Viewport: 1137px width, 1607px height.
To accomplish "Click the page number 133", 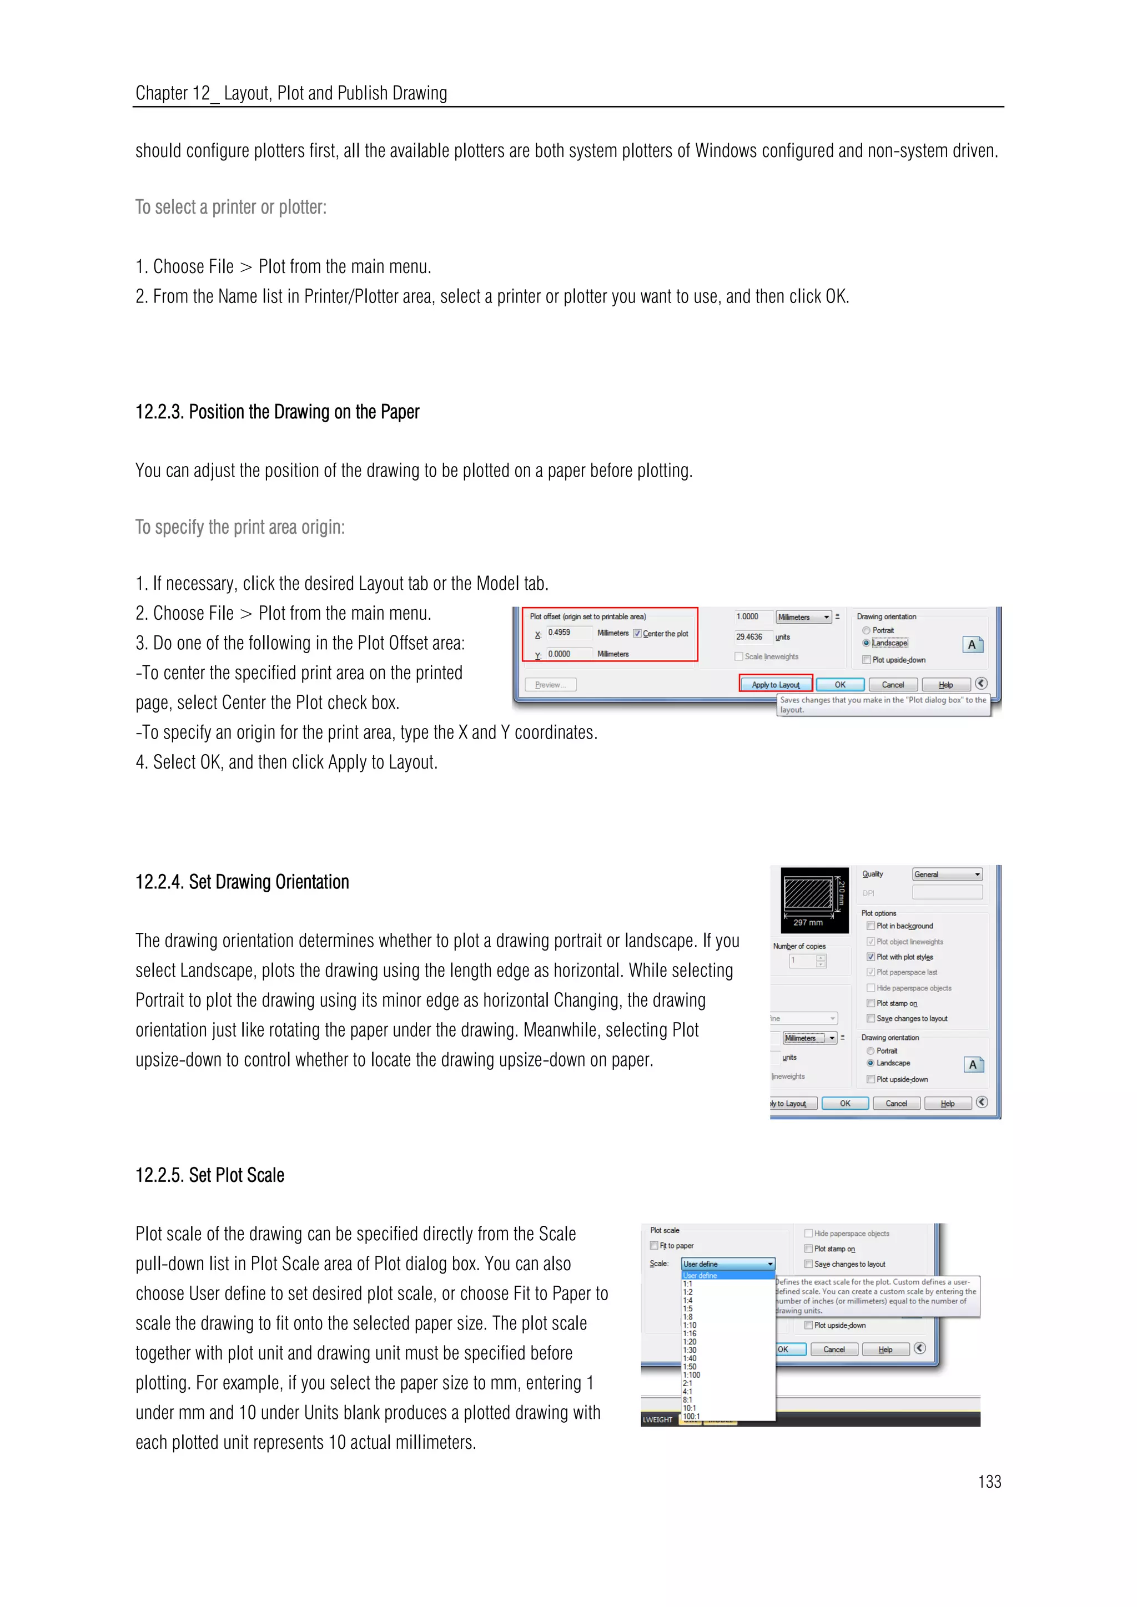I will pos(989,1482).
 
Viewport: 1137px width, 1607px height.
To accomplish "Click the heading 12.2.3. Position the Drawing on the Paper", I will pos(277,412).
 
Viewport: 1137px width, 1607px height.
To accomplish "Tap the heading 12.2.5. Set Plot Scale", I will pos(210,1175).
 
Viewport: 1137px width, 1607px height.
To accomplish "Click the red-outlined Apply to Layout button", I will pos(775,685).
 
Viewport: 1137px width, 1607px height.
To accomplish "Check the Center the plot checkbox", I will pos(637,633).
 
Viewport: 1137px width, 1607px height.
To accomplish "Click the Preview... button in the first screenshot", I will pos(550,685).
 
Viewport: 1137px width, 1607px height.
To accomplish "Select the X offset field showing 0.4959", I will pos(568,633).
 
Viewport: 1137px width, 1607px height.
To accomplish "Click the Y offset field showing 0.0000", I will pos(568,654).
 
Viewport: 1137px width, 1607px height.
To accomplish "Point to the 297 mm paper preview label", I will pos(807,922).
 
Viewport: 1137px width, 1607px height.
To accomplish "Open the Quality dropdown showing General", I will pos(947,874).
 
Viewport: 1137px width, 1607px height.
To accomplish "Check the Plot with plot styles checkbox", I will pos(871,957).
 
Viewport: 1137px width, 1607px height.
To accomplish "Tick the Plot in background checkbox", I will pos(871,926).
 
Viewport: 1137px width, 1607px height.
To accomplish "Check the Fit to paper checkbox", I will pos(654,1245).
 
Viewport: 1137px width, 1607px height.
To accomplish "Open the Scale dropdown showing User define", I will pos(728,1264).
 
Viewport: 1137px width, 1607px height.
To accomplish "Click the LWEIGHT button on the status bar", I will pos(657,1419).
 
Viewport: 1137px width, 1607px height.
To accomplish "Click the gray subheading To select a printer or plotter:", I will pos(231,207).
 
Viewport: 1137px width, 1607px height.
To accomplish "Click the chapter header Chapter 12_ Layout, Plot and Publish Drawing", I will pos(291,93).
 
